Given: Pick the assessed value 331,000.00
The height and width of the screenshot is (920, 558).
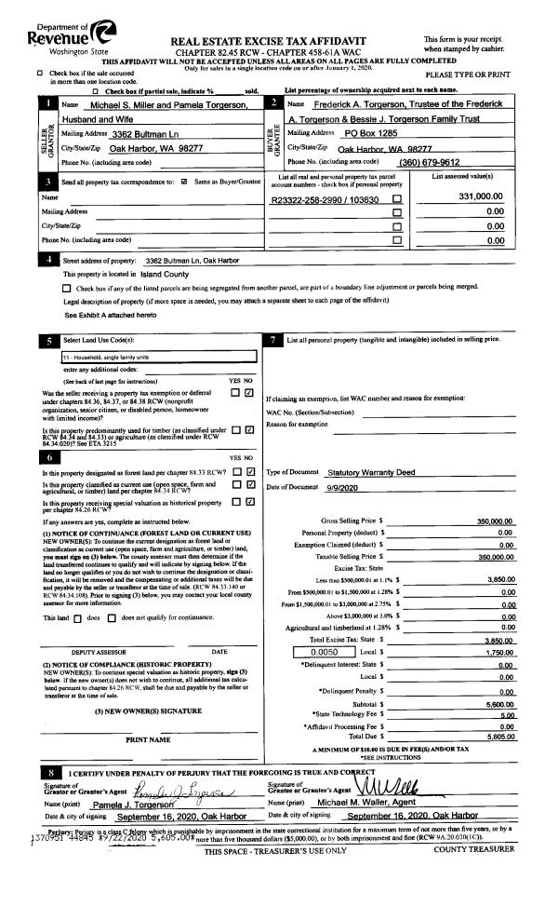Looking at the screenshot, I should coord(480,197).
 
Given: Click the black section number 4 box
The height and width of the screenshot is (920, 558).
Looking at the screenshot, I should coord(48,260).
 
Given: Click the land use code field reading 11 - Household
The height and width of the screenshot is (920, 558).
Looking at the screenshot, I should coord(158,357).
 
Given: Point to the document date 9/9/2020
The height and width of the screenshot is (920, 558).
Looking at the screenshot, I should coord(344,488).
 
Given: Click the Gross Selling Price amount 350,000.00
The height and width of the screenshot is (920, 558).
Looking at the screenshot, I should coord(494,521).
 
